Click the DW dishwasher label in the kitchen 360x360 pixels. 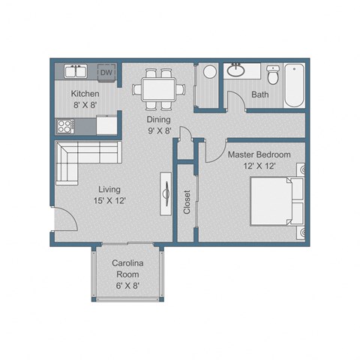[106, 73]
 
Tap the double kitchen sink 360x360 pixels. [76, 72]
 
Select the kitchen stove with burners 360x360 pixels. [62, 125]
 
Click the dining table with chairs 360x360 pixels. [158, 87]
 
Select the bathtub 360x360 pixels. [294, 85]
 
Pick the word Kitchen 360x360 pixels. [85, 94]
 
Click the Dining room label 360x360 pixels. [158, 119]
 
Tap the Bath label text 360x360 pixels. [259, 95]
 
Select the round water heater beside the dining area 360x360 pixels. [209, 72]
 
